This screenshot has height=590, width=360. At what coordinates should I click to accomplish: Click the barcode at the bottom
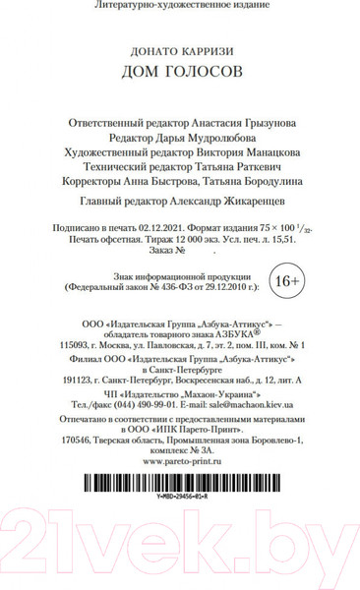coord(180,482)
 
